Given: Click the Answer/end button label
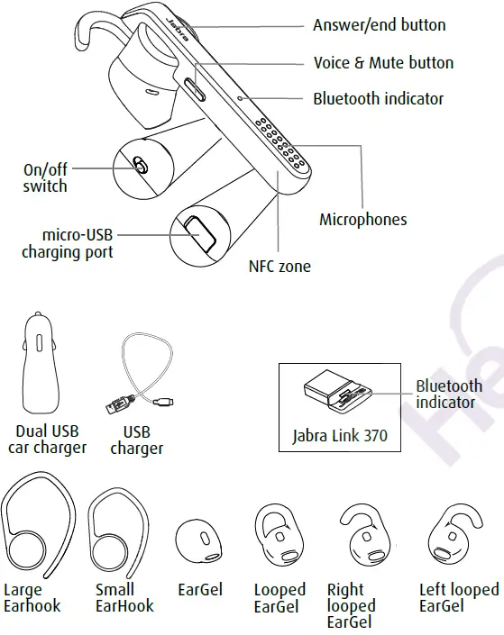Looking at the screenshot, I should tap(379, 25).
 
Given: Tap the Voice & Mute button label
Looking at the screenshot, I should tap(383, 63).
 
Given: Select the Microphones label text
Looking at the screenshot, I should tap(363, 219).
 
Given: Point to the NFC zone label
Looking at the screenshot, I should tap(279, 267).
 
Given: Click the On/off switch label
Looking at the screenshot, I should tap(45, 177).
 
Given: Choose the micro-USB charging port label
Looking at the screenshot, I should tap(68, 243).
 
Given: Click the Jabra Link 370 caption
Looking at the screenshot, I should tap(340, 436).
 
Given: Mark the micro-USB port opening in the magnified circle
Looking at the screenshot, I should tap(197, 231).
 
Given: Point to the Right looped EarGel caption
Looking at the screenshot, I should tap(352, 606).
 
